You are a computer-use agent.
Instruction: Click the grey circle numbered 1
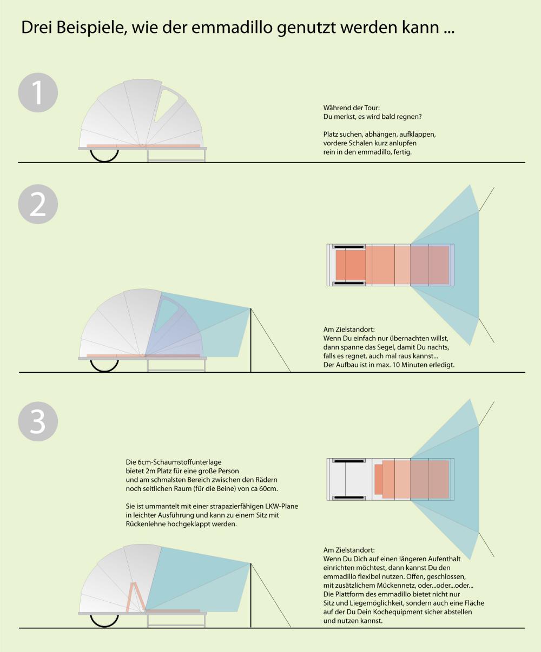[38, 93]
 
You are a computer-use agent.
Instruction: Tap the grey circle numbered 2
[38, 204]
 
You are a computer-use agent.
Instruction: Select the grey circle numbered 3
[38, 421]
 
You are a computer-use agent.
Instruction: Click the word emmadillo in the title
[232, 27]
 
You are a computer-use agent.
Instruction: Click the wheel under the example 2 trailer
[104, 366]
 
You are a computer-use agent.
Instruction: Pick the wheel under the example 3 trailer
[104, 621]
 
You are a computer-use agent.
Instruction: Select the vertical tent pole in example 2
[250, 340]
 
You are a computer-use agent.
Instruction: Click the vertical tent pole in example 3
[250, 595]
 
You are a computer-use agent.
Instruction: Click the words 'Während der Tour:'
[352, 107]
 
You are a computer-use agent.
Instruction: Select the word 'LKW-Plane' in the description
[281, 506]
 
